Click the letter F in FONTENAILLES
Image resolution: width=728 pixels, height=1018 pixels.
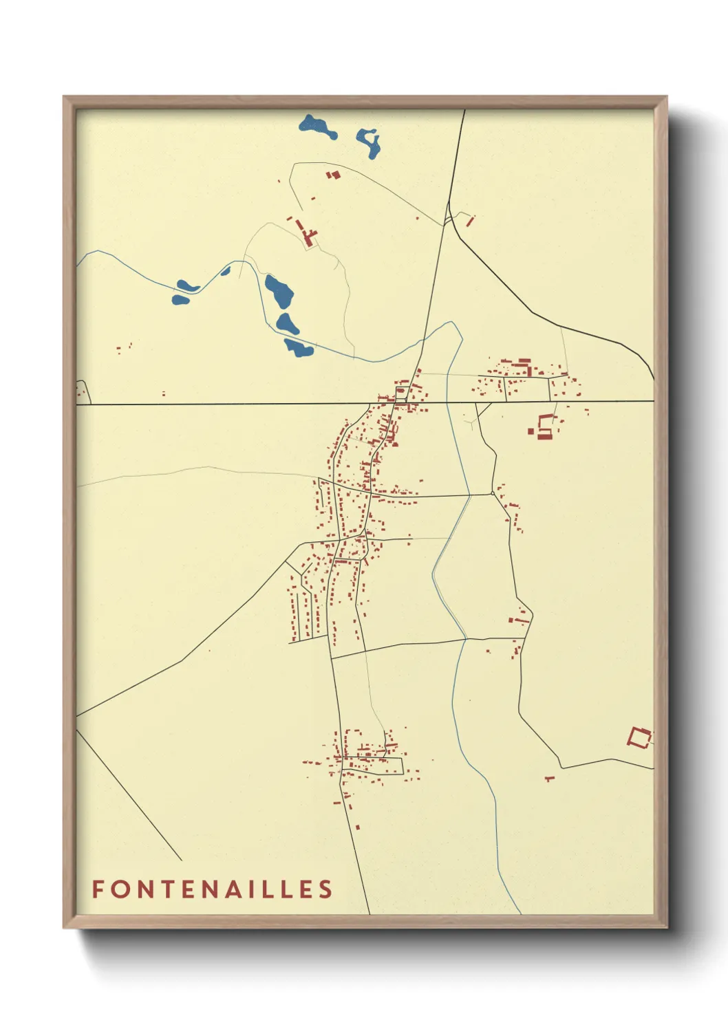(98, 889)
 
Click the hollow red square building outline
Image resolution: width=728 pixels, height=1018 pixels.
(639, 738)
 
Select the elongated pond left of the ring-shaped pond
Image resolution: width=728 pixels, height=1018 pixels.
(317, 127)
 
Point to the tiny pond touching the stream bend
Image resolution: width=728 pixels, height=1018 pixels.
(225, 270)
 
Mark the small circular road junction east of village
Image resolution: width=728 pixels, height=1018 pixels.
(493, 492)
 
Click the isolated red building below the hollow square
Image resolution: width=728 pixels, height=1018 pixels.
(549, 779)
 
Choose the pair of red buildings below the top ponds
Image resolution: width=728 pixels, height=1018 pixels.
(334, 175)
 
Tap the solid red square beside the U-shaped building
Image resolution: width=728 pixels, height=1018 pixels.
(531, 431)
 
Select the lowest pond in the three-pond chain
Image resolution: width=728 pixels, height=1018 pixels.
(299, 348)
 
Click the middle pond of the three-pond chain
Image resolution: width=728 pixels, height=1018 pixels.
(288, 323)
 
